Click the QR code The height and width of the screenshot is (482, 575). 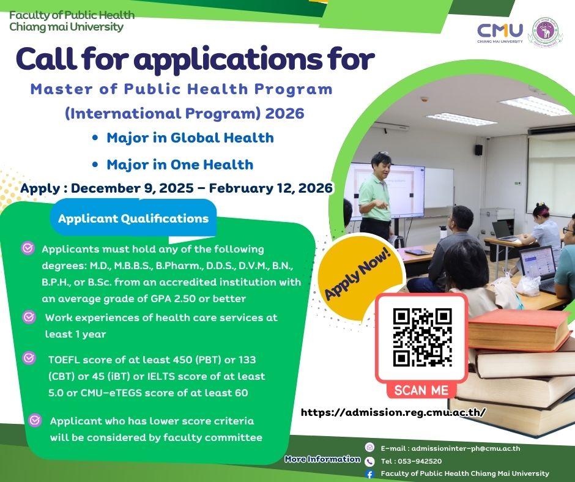423,338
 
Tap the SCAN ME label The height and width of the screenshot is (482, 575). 421,390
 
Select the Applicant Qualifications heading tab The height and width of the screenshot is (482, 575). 133,218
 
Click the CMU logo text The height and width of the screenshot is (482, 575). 500,31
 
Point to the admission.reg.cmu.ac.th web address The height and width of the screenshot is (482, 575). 393,412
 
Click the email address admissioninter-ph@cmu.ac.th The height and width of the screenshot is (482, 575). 466,448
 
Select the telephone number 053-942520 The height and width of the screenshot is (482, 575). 418,461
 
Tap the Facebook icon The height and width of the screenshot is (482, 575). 369,474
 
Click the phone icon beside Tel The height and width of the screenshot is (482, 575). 369,461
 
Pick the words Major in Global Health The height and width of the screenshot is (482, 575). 190,138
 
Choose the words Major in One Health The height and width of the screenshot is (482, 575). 180,165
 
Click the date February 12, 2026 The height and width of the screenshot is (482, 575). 270,188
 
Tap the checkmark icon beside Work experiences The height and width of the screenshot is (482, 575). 29,317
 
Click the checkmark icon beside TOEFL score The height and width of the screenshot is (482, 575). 29,358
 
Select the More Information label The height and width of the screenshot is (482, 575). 323,459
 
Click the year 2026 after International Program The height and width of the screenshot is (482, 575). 284,113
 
